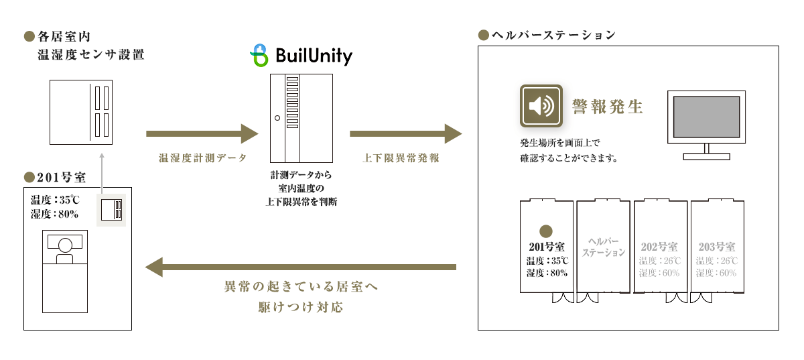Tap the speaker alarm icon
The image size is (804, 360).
point(542,106)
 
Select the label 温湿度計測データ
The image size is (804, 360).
point(203,158)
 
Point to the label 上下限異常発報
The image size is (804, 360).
point(406,158)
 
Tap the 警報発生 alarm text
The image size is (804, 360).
point(607,107)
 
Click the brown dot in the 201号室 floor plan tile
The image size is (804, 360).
point(546,231)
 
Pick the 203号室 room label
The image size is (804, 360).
point(716,247)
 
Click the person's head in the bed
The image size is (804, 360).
point(64,244)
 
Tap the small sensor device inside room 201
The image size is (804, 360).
point(111,210)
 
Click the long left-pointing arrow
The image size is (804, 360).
point(301,267)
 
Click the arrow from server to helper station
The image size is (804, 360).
point(406,133)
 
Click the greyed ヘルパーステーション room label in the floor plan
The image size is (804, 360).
point(603,247)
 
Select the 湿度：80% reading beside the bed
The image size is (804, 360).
point(55,215)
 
